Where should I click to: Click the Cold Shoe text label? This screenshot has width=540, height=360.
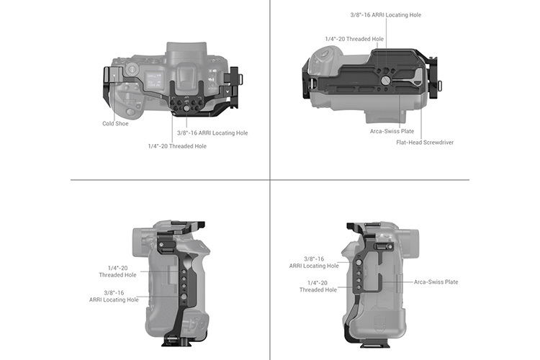click(x=115, y=124)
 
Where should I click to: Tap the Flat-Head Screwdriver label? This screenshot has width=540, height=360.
click(x=425, y=143)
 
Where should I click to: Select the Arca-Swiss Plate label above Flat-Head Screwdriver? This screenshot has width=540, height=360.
click(x=392, y=131)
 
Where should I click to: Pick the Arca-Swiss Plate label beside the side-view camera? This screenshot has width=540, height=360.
click(x=436, y=282)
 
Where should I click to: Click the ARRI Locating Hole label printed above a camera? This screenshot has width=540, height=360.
click(x=386, y=15)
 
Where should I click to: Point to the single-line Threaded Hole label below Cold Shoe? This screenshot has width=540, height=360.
click(x=177, y=146)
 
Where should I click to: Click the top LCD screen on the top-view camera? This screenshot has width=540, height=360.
click(x=153, y=80)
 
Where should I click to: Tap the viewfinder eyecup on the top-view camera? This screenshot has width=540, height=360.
click(x=185, y=76)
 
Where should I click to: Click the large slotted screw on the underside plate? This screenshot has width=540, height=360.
click(x=386, y=81)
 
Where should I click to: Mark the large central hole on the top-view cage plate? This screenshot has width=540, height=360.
click(x=186, y=108)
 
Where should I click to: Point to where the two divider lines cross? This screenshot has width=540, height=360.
click(x=270, y=179)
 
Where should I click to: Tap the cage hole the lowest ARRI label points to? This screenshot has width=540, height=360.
click(x=184, y=297)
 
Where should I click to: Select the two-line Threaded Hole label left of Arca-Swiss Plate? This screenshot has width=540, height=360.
click(x=318, y=287)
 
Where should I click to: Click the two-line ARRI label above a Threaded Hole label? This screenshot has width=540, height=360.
click(x=314, y=262)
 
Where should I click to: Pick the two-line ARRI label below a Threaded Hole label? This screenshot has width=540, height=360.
click(x=114, y=296)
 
